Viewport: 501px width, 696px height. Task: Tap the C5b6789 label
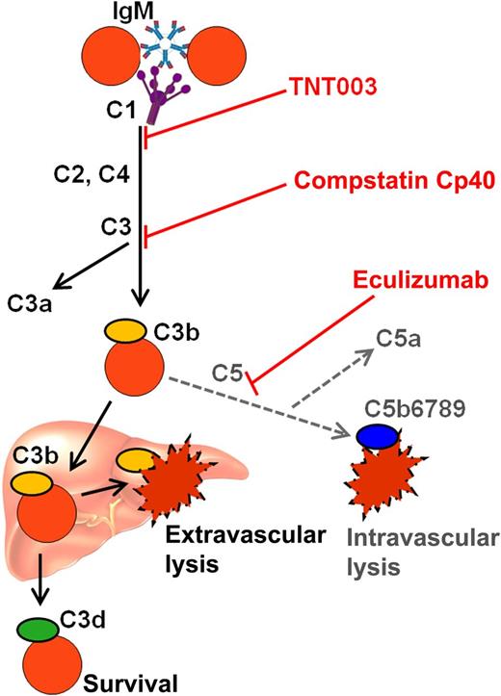(x=404, y=408)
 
